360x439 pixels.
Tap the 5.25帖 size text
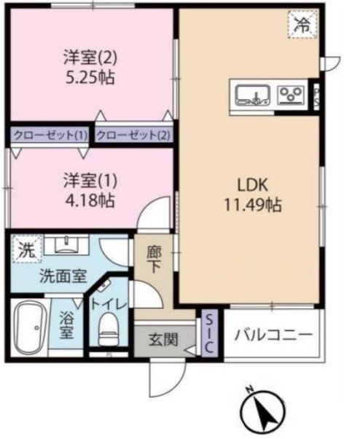[x=90, y=78]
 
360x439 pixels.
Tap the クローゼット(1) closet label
[x=49, y=135]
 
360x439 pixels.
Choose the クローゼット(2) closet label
[x=133, y=135]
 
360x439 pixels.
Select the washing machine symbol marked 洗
[x=26, y=249]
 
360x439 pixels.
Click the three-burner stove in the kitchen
[x=291, y=93]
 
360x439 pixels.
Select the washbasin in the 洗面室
[x=69, y=244]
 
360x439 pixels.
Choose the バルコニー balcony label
[x=273, y=335]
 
